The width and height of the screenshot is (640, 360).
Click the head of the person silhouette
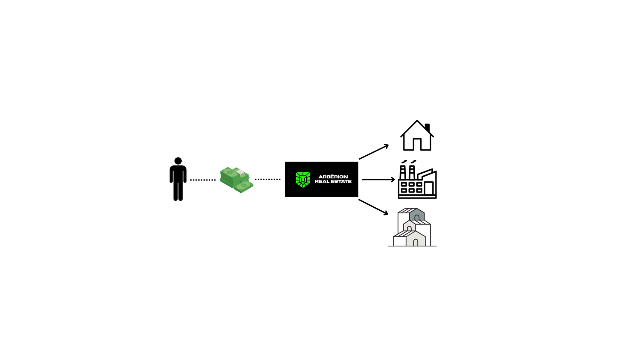click(178, 161)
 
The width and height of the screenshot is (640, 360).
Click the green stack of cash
click(236, 180)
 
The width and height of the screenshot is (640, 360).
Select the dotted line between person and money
click(203, 180)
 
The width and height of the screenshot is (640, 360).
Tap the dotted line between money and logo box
click(268, 180)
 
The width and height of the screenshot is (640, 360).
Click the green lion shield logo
click(303, 180)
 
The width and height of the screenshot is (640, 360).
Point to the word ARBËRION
click(333, 177)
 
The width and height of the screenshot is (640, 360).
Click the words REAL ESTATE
click(333, 181)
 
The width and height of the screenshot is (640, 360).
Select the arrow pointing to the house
click(374, 152)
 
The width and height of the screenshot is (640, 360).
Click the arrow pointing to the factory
click(378, 180)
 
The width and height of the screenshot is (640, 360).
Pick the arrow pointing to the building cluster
click(373, 207)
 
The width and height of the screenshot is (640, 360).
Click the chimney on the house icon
click(427, 128)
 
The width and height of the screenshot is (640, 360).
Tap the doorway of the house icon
click(417, 144)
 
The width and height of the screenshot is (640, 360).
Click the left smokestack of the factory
click(403, 172)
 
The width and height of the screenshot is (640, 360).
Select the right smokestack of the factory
click(412, 172)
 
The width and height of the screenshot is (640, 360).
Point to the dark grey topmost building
click(417, 214)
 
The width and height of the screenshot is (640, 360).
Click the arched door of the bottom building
click(416, 243)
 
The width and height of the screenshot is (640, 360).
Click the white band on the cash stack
click(240, 172)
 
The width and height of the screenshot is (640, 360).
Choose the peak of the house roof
click(417, 120)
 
